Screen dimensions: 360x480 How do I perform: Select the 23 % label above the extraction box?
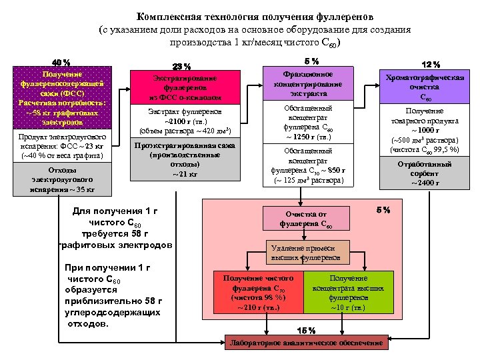pyautogui.click(x=182, y=66)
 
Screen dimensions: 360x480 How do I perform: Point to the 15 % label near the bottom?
pyautogui.click(x=306, y=331)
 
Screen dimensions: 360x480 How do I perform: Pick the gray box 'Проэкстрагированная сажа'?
pyautogui.click(x=183, y=160)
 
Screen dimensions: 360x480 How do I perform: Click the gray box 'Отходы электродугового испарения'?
pyautogui.click(x=62, y=180)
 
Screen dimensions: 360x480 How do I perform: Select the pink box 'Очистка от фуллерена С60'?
pyautogui.click(x=308, y=219)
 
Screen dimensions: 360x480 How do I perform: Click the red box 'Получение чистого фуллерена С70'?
pyautogui.click(x=258, y=292)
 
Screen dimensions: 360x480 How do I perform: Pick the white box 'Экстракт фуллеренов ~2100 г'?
pyautogui.click(x=183, y=121)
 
